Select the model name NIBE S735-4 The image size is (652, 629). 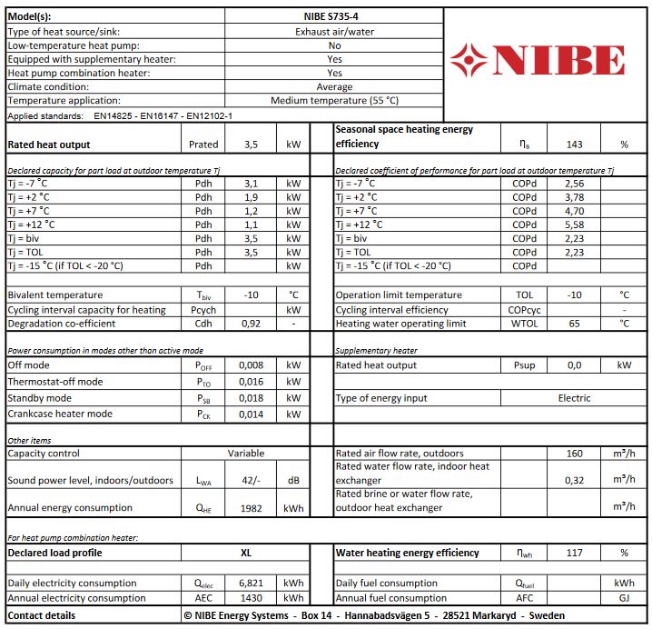(334, 15)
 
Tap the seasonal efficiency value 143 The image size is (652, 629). (574, 144)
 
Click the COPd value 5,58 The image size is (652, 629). (574, 225)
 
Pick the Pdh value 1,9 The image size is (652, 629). (252, 197)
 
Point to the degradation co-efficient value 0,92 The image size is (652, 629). (252, 324)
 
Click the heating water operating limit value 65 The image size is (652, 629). (574, 324)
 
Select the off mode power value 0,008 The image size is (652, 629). (252, 365)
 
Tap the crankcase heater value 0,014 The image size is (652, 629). (252, 414)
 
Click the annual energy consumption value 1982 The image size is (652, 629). (252, 508)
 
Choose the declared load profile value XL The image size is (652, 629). (245, 553)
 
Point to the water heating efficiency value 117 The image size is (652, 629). (574, 553)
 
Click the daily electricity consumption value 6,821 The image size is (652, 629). (252, 584)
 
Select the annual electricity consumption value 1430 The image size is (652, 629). (252, 598)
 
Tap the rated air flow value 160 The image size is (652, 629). (574, 454)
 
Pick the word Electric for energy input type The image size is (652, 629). (574, 398)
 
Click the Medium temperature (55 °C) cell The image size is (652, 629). (334, 101)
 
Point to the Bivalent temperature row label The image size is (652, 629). (54, 295)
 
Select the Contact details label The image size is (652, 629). (41, 615)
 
